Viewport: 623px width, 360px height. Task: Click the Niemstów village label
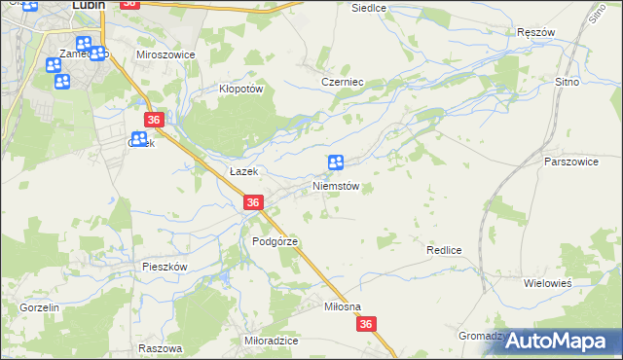(337, 186)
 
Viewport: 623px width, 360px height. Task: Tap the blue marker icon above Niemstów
(336, 163)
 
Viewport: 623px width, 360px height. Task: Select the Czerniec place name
(342, 83)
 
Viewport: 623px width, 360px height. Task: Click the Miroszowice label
(165, 55)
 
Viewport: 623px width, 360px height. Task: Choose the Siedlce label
(369, 7)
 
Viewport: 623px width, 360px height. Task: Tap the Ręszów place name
(536, 32)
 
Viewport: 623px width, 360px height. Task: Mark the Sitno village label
(567, 83)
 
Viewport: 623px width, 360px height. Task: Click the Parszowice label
(571, 161)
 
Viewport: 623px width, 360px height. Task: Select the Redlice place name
(443, 250)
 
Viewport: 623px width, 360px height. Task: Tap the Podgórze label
(274, 241)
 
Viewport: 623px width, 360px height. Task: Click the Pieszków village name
(164, 266)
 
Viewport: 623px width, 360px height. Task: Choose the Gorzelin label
(40, 306)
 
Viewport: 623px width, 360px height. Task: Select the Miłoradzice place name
(272, 342)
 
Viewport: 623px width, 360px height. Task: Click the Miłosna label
(343, 306)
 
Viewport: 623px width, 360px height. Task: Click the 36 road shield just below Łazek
(252, 202)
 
